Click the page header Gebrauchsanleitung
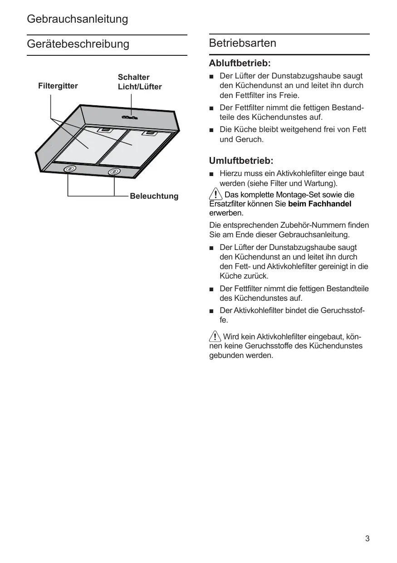click(78, 20)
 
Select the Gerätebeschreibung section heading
click(78, 44)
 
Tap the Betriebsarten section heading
click(243, 44)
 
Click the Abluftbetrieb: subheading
click(240, 63)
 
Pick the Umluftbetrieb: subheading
click(241, 161)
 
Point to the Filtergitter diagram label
click(58, 86)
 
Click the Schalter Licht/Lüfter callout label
click(139, 82)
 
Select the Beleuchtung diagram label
click(154, 196)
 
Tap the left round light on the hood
click(69, 169)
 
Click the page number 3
click(367, 539)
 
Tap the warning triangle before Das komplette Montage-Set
click(216, 195)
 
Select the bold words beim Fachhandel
click(319, 204)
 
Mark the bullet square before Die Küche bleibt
click(211, 130)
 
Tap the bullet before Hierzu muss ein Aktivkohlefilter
click(211, 174)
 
